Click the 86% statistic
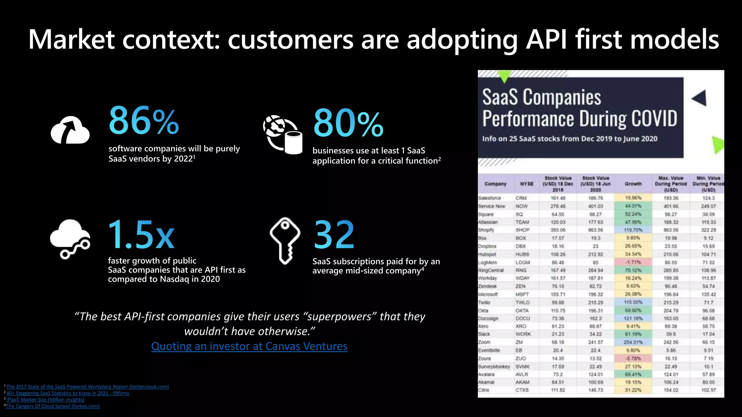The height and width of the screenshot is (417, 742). pyautogui.click(x=143, y=121)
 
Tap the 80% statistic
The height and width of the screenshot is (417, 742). pyautogui.click(x=348, y=123)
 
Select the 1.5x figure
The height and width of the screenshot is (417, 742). pyautogui.click(x=141, y=235)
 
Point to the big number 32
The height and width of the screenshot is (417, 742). pyautogui.click(x=334, y=235)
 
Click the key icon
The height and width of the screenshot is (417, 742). pyautogui.click(x=285, y=240)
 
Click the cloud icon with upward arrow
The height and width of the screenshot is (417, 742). pyautogui.click(x=70, y=130)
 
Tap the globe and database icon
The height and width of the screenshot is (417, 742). pyautogui.click(x=283, y=134)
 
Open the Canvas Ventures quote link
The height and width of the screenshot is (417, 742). pyautogui.click(x=249, y=346)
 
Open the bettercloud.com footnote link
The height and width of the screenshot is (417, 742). pyautogui.click(x=87, y=387)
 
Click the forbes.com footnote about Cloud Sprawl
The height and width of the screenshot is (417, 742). pyautogui.click(x=53, y=406)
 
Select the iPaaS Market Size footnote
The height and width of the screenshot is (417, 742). pyautogui.click(x=45, y=400)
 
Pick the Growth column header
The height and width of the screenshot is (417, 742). pyautogui.click(x=633, y=184)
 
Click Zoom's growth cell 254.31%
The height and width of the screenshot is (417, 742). pyautogui.click(x=633, y=342)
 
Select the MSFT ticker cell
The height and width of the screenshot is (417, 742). pyautogui.click(x=522, y=294)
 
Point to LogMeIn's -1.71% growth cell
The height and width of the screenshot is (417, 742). pyautogui.click(x=633, y=262)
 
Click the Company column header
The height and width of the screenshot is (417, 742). pyautogui.click(x=495, y=184)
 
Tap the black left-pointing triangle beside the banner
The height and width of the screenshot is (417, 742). pyautogui.click(x=700, y=98)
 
